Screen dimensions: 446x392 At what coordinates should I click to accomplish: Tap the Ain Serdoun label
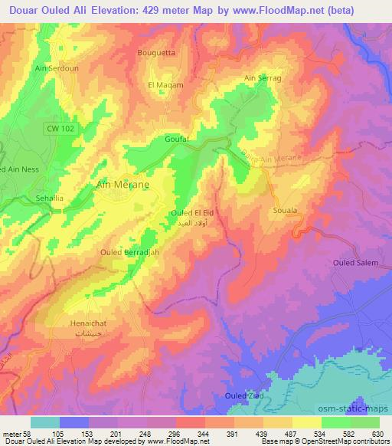coord(56,67)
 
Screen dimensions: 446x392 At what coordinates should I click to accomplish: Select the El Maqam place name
coord(165,85)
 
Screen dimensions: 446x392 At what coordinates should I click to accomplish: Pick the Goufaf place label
coord(177,139)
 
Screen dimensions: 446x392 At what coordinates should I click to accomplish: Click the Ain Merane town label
coord(122,185)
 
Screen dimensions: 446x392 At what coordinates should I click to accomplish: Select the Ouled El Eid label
coord(189,212)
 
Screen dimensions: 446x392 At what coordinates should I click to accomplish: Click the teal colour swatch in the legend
coord(44,421)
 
